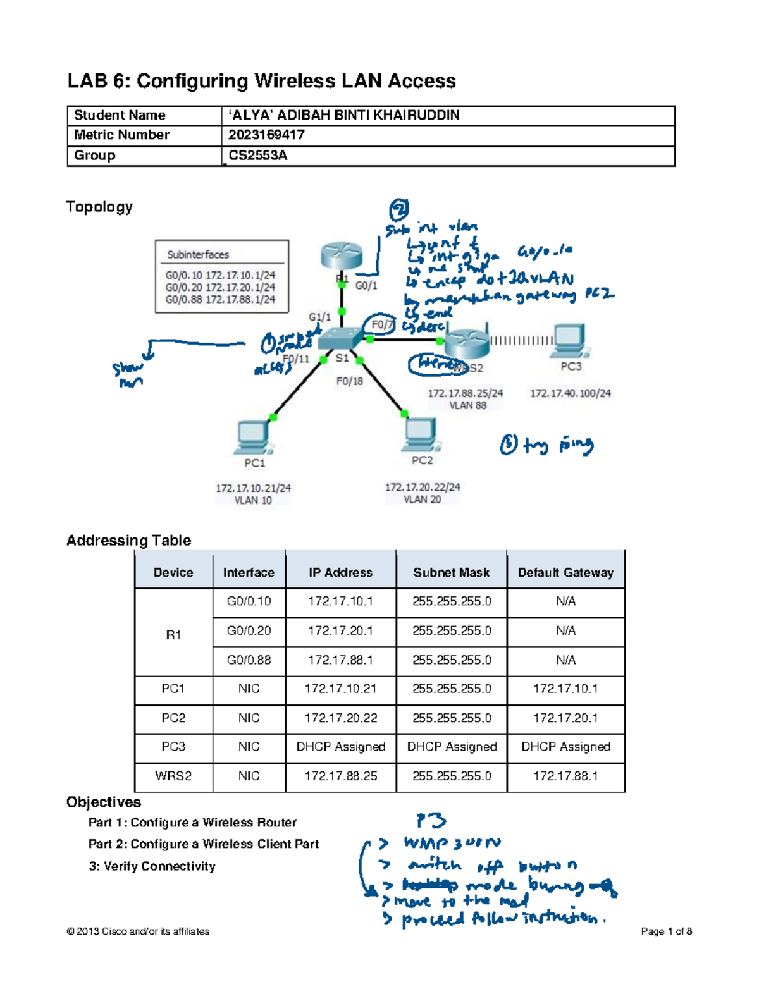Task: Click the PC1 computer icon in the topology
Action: click(x=254, y=437)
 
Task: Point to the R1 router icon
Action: click(x=342, y=256)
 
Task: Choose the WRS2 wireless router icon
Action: click(x=467, y=342)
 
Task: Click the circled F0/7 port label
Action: click(x=381, y=324)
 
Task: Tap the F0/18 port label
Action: click(x=349, y=381)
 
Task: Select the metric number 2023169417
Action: click(x=266, y=135)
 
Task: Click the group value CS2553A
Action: click(x=257, y=156)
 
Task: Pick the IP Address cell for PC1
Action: click(x=340, y=689)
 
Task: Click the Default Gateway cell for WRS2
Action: click(x=565, y=776)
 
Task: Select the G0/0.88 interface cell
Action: click(x=249, y=660)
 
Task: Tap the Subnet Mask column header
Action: click(x=451, y=572)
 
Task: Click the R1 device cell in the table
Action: click(x=173, y=635)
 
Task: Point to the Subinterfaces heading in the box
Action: click(x=198, y=255)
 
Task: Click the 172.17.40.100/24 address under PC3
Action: click(x=571, y=393)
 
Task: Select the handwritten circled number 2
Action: click(x=398, y=208)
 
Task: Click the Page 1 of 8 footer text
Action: click(x=666, y=931)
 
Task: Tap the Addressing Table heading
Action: click(x=128, y=540)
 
